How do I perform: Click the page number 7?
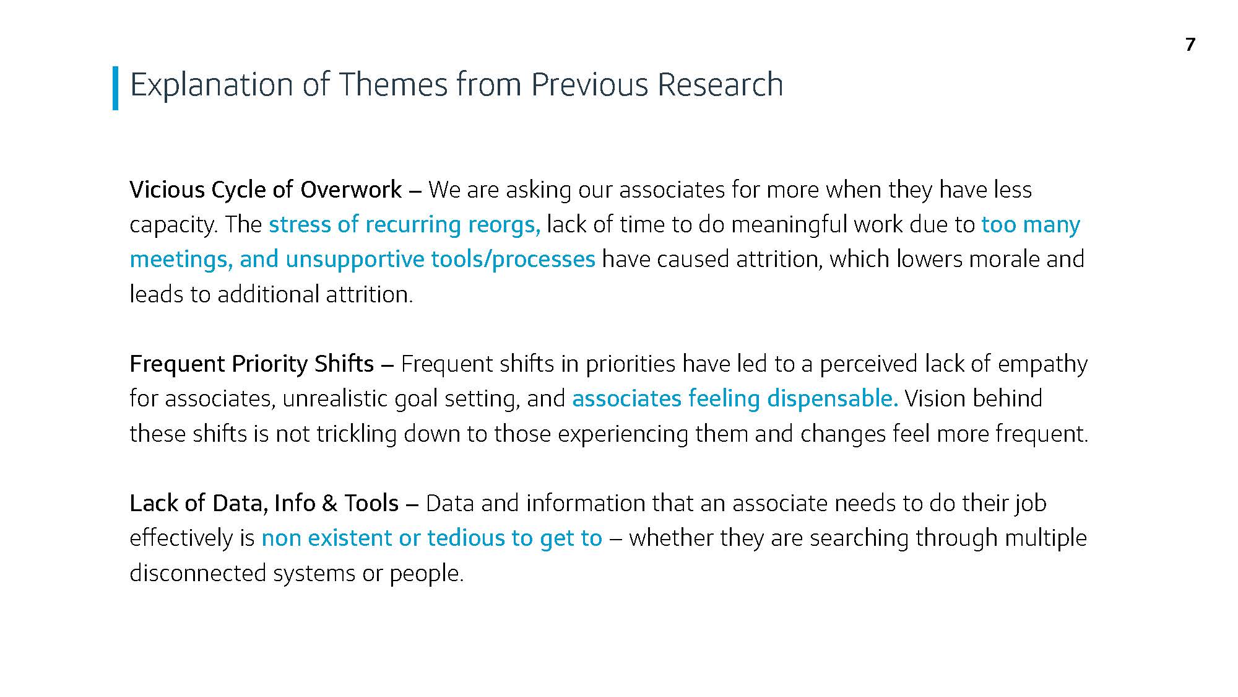(1190, 45)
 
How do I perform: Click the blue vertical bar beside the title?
(115, 88)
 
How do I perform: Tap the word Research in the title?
(720, 84)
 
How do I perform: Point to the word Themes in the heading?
(393, 84)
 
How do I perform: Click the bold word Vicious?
(167, 190)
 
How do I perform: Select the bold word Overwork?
(351, 190)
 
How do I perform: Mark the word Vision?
(932, 398)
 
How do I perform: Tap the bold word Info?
(295, 503)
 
